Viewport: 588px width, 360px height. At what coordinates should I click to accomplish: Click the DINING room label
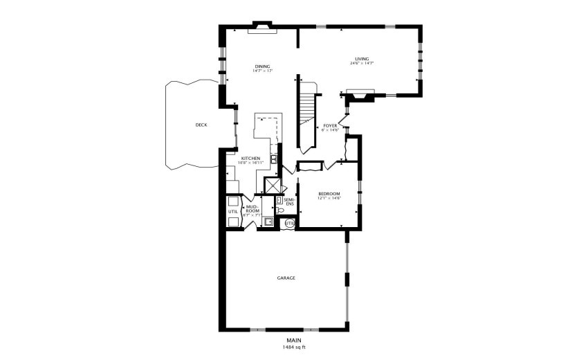pyautogui.click(x=262, y=66)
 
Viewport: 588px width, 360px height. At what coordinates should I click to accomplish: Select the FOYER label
pyautogui.click(x=330, y=126)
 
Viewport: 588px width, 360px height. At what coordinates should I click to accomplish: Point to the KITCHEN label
pyautogui.click(x=250, y=159)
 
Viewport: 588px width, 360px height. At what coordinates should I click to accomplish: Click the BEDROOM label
pyautogui.click(x=329, y=193)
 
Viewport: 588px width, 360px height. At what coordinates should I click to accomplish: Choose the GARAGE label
pyautogui.click(x=286, y=278)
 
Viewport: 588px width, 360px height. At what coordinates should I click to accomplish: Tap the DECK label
pyautogui.click(x=201, y=125)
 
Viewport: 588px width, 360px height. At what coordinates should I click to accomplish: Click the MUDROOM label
pyautogui.click(x=252, y=208)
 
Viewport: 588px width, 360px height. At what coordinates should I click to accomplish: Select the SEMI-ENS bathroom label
pyautogui.click(x=289, y=202)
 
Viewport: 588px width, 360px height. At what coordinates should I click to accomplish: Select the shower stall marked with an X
pyautogui.click(x=274, y=185)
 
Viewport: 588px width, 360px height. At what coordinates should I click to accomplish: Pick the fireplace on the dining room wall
pyautogui.click(x=263, y=28)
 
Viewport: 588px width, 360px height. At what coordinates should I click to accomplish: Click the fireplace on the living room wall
pyautogui.click(x=360, y=95)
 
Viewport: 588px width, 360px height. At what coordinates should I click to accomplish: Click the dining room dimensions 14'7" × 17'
pyautogui.click(x=262, y=71)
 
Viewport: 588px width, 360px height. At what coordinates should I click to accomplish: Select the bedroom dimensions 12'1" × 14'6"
pyautogui.click(x=329, y=199)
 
